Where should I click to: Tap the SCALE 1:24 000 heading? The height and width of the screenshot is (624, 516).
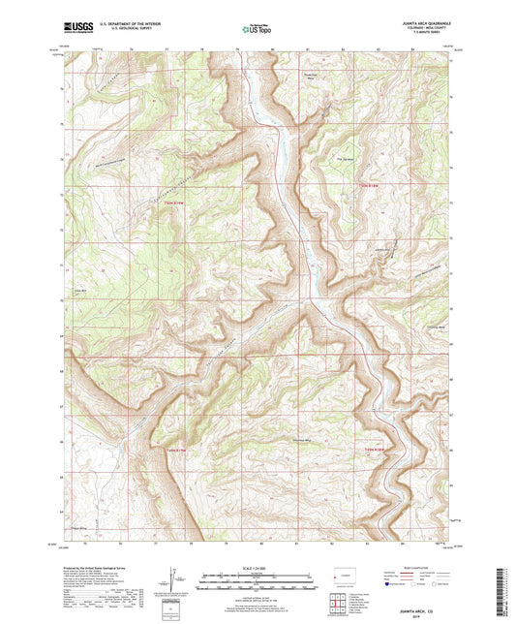point(257,567)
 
